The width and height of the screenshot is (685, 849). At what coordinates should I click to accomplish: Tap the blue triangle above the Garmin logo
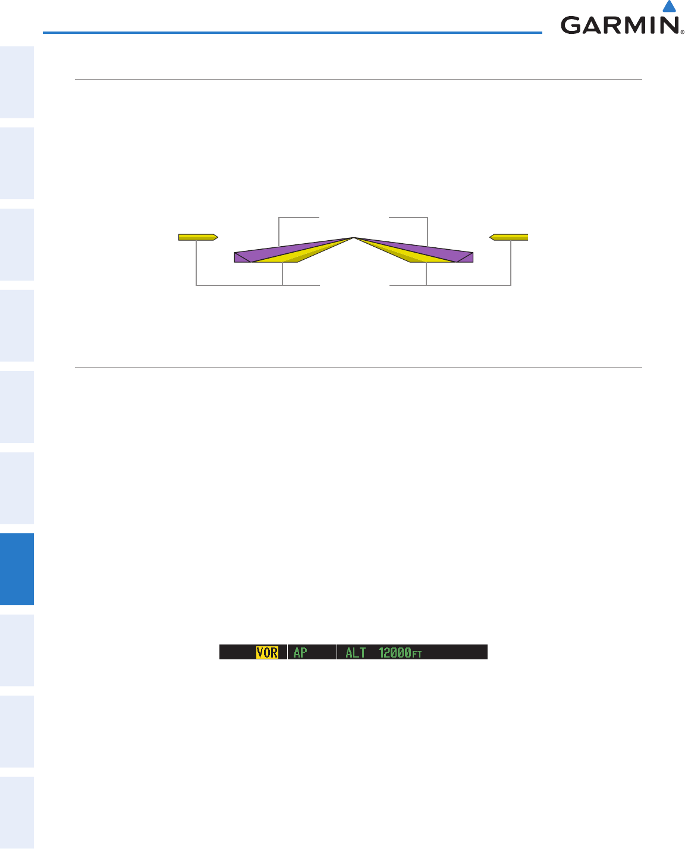coord(669,7)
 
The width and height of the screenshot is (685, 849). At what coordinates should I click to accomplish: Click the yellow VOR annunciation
coord(267,653)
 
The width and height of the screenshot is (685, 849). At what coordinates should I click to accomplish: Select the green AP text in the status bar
coord(300,653)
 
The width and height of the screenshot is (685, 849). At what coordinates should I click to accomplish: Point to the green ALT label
coord(356,653)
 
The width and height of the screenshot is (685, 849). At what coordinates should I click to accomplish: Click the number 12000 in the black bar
coord(395,653)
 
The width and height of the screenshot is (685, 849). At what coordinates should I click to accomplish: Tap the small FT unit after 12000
coord(417,655)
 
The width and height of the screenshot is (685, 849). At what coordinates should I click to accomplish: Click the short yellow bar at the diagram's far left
coord(198,237)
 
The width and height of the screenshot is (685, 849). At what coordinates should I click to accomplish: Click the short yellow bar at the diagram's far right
coord(508,237)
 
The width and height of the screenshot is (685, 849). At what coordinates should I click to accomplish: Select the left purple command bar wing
coord(276,251)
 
